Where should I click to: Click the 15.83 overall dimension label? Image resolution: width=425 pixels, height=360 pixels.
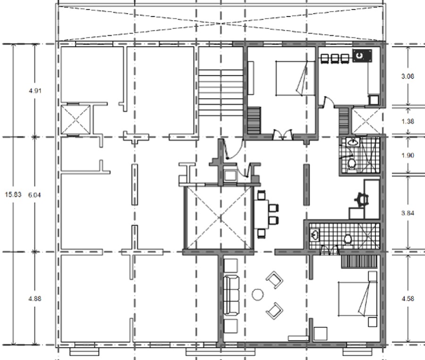click(10, 194)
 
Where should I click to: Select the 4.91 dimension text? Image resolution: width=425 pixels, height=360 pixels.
click(35, 90)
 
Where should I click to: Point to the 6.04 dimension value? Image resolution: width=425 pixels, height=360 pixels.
click(35, 194)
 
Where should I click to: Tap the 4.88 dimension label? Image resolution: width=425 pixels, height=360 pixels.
click(35, 299)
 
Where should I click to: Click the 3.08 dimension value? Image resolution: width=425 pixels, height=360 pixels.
click(408, 76)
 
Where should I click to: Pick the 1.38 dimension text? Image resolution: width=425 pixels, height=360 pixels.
click(408, 121)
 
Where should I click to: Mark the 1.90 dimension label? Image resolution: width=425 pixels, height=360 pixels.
click(408, 155)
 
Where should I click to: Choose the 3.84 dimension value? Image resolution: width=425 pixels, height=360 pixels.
click(408, 213)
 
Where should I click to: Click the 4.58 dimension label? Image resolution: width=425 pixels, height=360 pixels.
click(408, 299)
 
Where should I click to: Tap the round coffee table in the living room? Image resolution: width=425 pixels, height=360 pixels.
click(258, 295)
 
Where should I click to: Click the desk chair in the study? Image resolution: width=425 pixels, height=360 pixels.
click(362, 198)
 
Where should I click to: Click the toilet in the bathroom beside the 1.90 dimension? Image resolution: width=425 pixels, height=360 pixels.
click(351, 163)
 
